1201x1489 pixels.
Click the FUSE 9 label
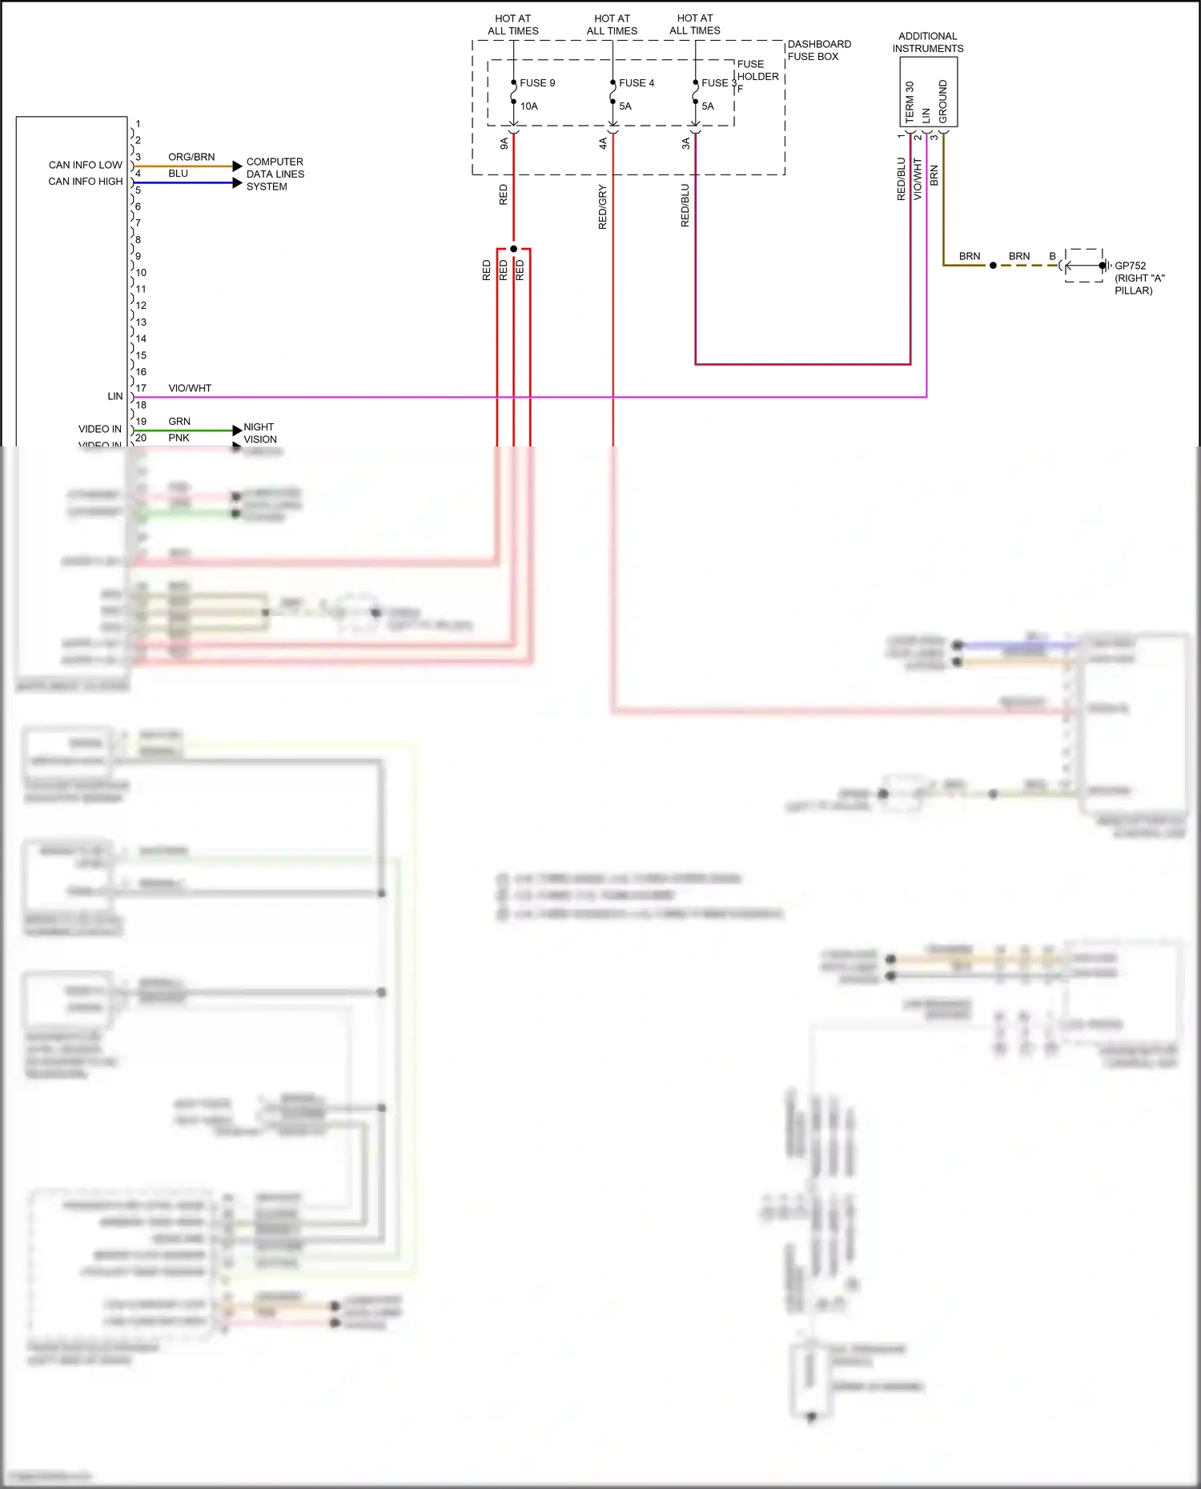tap(536, 83)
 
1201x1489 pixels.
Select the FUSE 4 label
tap(636, 83)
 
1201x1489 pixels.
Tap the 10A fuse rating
tap(528, 106)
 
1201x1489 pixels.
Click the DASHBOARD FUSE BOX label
tap(818, 50)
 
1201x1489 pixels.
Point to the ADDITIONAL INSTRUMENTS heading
tap(927, 42)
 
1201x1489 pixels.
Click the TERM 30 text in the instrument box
tap(909, 102)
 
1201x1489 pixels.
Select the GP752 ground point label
tap(1130, 266)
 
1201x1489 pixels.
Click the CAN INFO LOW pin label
tap(85, 165)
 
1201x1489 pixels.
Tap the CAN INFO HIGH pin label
tap(85, 182)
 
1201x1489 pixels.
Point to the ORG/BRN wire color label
tap(191, 157)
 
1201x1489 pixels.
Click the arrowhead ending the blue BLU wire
tap(237, 183)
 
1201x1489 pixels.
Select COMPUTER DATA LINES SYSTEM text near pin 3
tap(275, 174)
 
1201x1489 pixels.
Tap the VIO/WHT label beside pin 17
tap(190, 388)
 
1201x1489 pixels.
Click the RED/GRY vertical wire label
tap(603, 207)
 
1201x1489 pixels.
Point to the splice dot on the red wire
tap(513, 249)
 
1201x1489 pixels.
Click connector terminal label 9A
tap(504, 143)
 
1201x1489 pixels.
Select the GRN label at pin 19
tap(179, 421)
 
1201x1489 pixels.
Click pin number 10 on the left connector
tap(141, 273)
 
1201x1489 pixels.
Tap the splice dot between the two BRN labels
tap(993, 265)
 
